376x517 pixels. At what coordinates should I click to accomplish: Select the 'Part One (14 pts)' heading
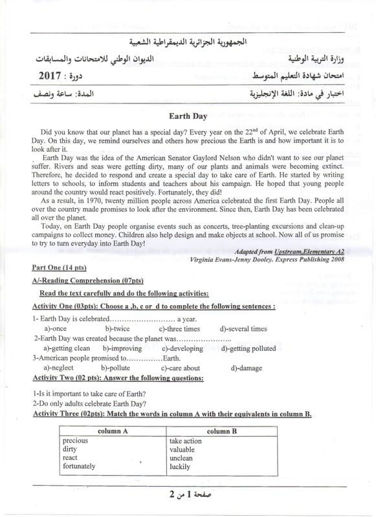(61, 266)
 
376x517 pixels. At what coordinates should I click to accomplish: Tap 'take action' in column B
(186, 440)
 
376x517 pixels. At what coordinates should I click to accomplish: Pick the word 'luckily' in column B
(181, 466)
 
